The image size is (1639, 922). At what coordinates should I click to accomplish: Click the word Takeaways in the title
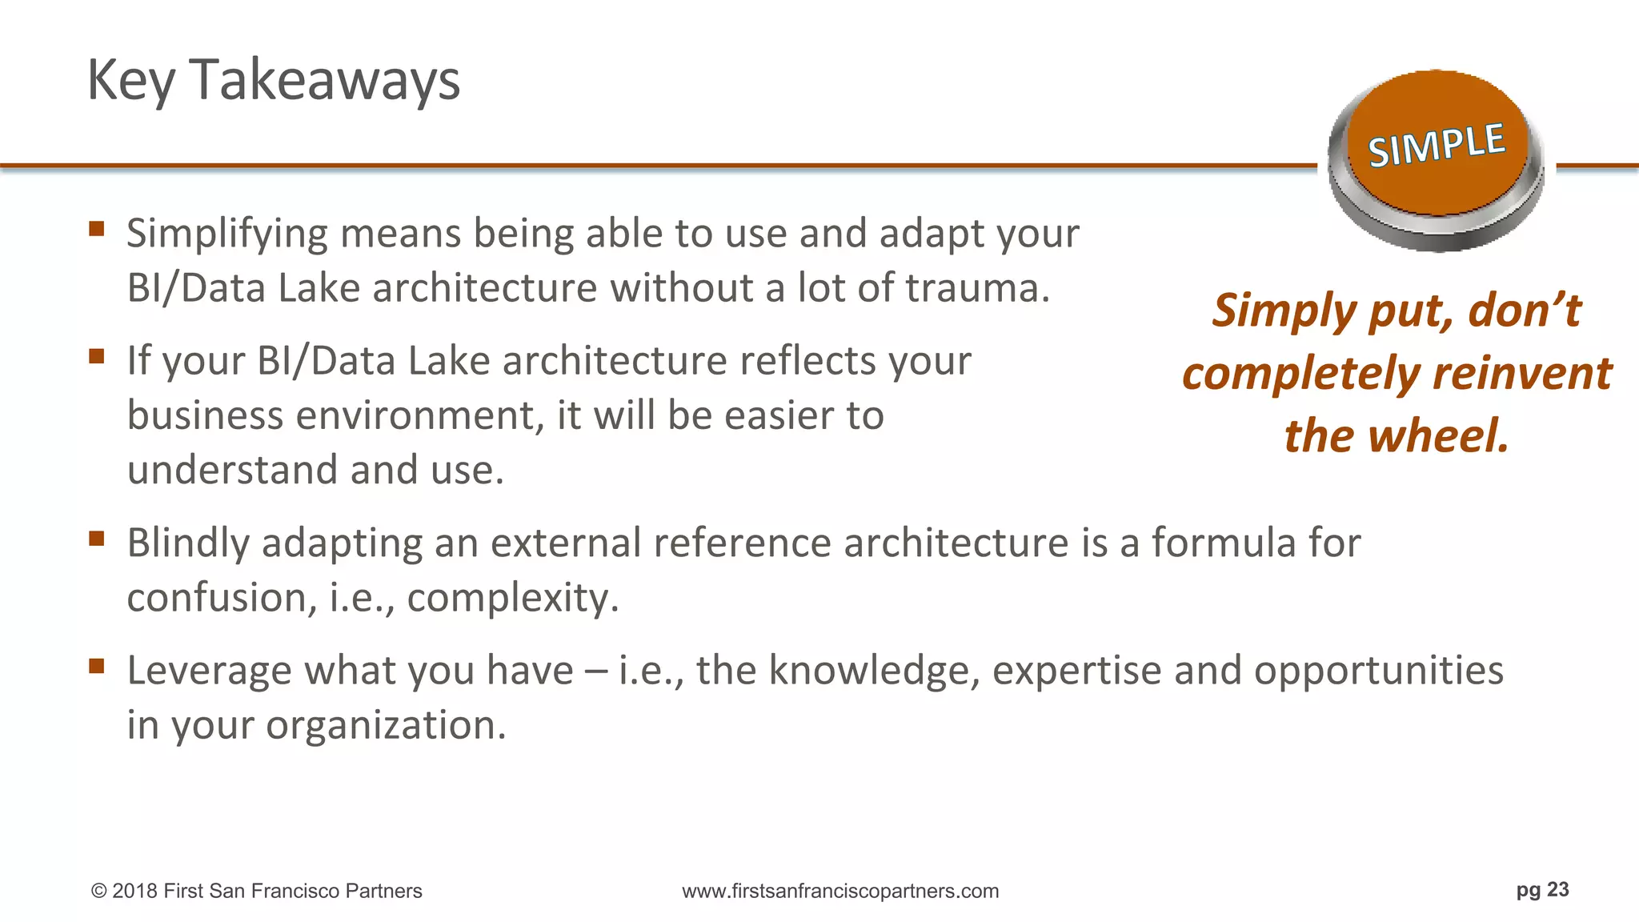coord(324,80)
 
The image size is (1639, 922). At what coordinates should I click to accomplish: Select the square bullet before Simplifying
coord(97,230)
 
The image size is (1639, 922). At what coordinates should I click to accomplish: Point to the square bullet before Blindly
coord(97,539)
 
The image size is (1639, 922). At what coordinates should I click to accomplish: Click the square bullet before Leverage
coord(97,666)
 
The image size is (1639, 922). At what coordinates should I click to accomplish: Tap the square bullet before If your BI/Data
coord(97,356)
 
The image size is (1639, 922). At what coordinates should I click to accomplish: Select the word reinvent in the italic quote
coord(1522,374)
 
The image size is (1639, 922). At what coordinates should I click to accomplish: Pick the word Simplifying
coord(227,235)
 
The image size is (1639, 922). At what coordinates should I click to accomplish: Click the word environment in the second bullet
coord(419,415)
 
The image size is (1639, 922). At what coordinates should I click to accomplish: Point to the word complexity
coord(512,598)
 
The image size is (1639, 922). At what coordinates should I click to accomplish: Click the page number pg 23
coord(1542,890)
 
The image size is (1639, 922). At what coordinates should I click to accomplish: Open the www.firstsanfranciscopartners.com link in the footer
coord(840,892)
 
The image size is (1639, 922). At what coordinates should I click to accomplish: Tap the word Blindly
coord(188,543)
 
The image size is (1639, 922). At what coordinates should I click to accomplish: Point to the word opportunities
coord(1378,671)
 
